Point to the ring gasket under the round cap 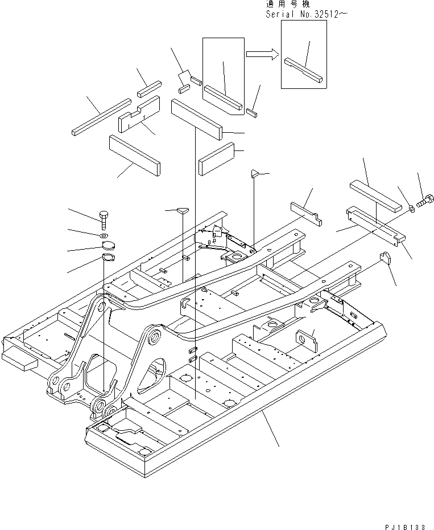tap(108, 259)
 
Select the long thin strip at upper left tap(102, 117)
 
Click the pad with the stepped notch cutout tap(139, 114)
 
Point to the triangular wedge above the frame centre tap(255, 173)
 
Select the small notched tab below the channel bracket tap(386, 258)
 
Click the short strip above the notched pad tap(150, 88)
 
